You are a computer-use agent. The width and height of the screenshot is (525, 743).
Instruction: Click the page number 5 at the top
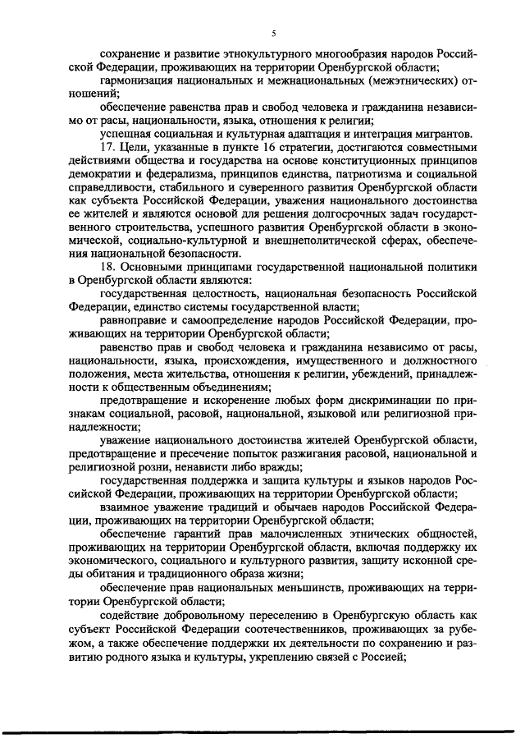[273, 32]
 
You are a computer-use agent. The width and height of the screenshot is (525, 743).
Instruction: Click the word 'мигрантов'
[443, 133]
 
